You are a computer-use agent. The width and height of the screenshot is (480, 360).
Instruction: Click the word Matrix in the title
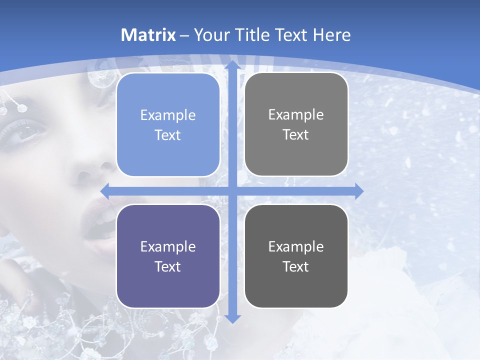pyautogui.click(x=148, y=35)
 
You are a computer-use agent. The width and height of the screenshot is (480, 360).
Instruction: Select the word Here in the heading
pyautogui.click(x=331, y=35)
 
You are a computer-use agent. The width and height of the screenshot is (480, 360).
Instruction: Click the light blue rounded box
pyautogui.click(x=168, y=125)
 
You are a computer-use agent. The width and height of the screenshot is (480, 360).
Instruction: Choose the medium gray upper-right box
pyautogui.click(x=296, y=124)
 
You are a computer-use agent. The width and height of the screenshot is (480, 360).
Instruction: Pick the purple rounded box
pyautogui.click(x=168, y=256)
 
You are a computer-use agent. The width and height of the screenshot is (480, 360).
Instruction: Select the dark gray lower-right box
pyautogui.click(x=296, y=256)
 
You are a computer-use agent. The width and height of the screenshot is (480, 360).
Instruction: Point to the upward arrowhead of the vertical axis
pyautogui.click(x=232, y=65)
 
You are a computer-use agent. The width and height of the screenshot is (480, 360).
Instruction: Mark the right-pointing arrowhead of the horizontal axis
pyautogui.click(x=358, y=191)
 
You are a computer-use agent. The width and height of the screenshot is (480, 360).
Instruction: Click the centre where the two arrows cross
pyautogui.click(x=232, y=191)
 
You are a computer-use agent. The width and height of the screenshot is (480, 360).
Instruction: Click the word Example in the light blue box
pyautogui.click(x=168, y=115)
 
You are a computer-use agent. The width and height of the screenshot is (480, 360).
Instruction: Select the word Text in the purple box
pyautogui.click(x=168, y=266)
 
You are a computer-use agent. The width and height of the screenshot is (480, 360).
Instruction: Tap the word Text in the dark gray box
pyautogui.click(x=296, y=266)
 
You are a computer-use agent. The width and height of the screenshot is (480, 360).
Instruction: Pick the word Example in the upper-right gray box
pyautogui.click(x=296, y=114)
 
